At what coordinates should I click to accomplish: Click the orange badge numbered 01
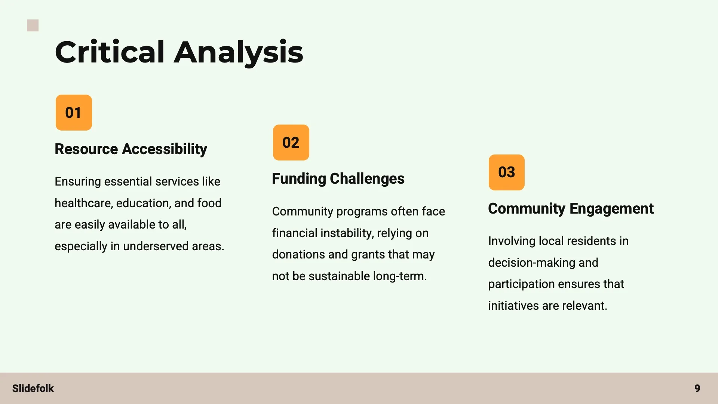(x=74, y=113)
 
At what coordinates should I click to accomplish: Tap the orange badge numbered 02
(x=291, y=143)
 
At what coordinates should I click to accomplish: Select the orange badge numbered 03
(x=506, y=172)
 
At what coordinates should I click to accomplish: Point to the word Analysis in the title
(x=239, y=52)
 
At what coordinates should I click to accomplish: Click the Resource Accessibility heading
(x=131, y=149)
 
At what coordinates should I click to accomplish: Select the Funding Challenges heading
(x=338, y=179)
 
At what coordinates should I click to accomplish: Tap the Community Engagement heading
(x=571, y=208)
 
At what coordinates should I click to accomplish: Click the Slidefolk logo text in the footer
(x=33, y=388)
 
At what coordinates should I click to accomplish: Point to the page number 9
(x=697, y=388)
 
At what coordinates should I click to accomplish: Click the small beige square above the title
(x=33, y=25)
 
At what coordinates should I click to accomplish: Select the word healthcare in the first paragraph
(x=84, y=203)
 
